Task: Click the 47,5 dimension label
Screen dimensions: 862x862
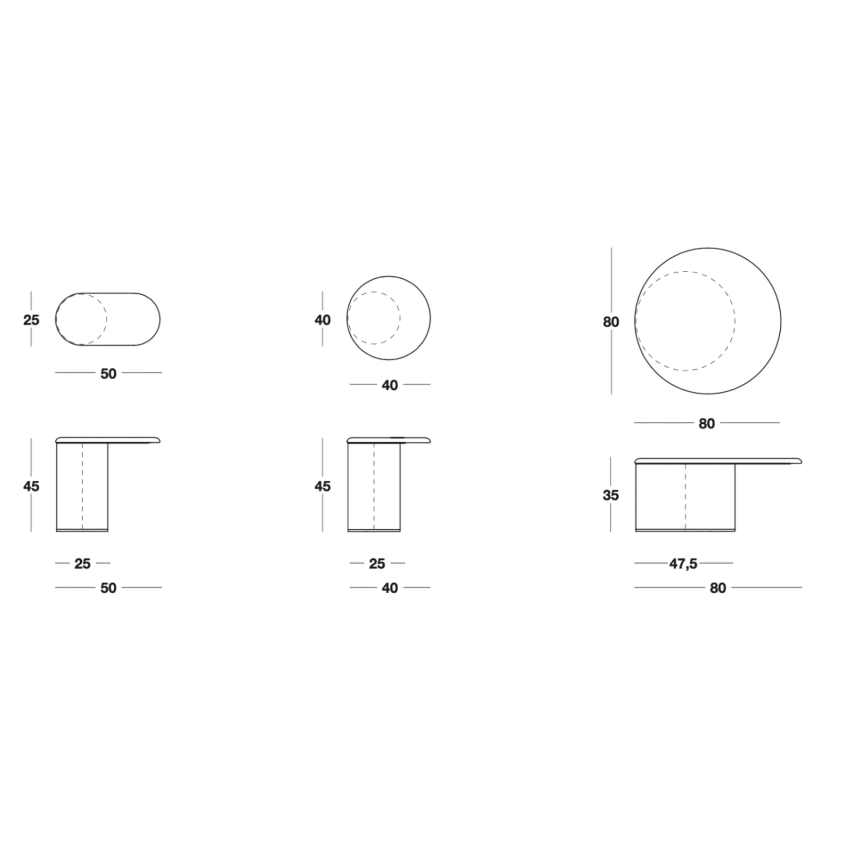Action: [x=683, y=564]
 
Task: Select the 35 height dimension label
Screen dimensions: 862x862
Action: [x=610, y=495]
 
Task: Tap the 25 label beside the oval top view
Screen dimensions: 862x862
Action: [x=31, y=320]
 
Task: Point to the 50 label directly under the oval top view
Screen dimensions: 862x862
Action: [x=109, y=373]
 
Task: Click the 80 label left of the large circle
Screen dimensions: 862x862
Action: [x=610, y=322]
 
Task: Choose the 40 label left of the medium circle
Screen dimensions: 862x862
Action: [x=322, y=320]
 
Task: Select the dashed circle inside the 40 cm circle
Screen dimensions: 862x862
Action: [x=400, y=318]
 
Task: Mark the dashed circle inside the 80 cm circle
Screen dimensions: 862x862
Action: [x=734, y=321]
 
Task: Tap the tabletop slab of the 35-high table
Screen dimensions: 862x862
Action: [x=718, y=460]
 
